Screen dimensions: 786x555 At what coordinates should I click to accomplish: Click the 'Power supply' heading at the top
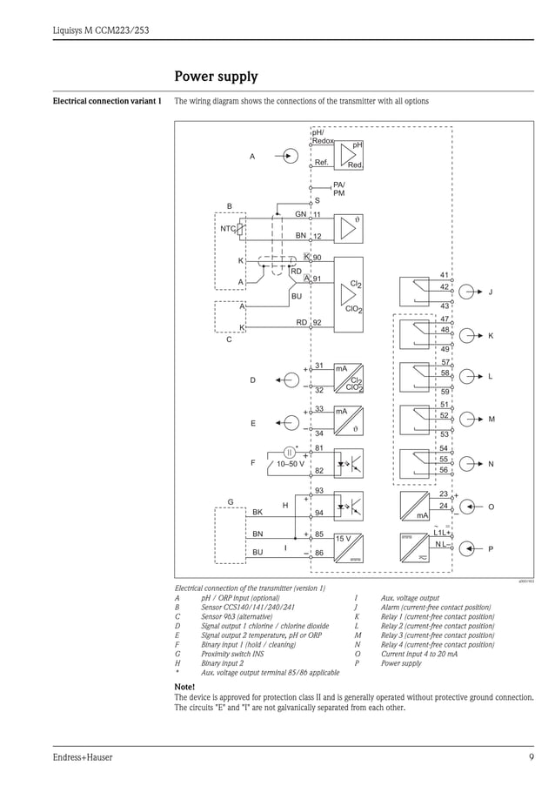pyautogui.click(x=216, y=77)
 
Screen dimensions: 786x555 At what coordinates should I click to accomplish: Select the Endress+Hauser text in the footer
pyautogui.click(x=83, y=757)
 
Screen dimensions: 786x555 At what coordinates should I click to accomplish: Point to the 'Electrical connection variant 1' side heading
pyautogui.click(x=107, y=101)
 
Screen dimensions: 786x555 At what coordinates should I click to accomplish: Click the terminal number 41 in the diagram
pyautogui.click(x=444, y=275)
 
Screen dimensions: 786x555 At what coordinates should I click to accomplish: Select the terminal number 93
pyautogui.click(x=318, y=492)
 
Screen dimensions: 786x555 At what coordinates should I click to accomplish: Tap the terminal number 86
pyautogui.click(x=318, y=553)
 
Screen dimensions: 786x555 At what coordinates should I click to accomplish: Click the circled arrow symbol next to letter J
pyautogui.click(x=468, y=292)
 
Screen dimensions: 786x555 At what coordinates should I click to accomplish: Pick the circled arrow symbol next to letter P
pyautogui.click(x=468, y=548)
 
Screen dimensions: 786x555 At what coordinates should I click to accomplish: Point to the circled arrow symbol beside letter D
pyautogui.click(x=290, y=380)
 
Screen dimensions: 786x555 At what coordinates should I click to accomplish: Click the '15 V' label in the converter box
pyautogui.click(x=343, y=539)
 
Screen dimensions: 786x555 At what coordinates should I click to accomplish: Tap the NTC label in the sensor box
pyautogui.click(x=228, y=229)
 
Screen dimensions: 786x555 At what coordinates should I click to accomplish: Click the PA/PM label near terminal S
pyautogui.click(x=339, y=189)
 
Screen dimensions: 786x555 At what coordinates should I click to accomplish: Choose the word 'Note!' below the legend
pyautogui.click(x=184, y=687)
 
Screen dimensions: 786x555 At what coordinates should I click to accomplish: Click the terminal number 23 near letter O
pyautogui.click(x=444, y=494)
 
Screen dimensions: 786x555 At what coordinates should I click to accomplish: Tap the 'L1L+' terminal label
pyautogui.click(x=442, y=532)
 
